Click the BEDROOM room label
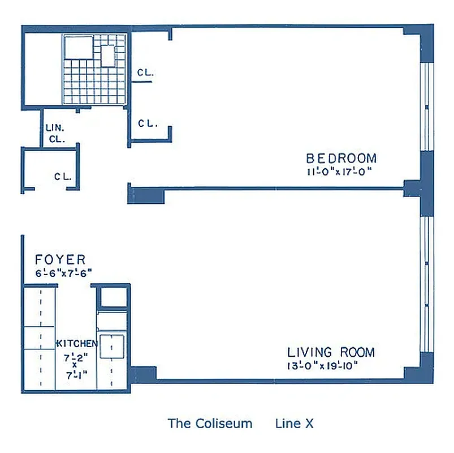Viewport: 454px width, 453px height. (x=341, y=158)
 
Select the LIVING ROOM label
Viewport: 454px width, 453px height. (x=331, y=352)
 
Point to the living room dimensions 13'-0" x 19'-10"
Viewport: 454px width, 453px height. (x=322, y=365)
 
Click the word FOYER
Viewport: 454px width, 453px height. (x=60, y=260)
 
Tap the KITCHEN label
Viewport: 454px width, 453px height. (x=77, y=344)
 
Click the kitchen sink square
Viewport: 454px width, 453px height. (x=112, y=346)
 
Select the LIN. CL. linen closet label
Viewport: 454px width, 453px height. (x=55, y=133)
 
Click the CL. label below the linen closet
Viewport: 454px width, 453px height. (x=63, y=176)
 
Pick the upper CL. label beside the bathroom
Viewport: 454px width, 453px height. (x=146, y=73)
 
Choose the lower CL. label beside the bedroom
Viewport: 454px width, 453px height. (x=148, y=123)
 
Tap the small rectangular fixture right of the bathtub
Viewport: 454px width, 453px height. (x=107, y=55)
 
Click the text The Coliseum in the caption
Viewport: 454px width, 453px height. (x=210, y=423)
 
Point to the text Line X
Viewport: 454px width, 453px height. (x=294, y=423)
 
